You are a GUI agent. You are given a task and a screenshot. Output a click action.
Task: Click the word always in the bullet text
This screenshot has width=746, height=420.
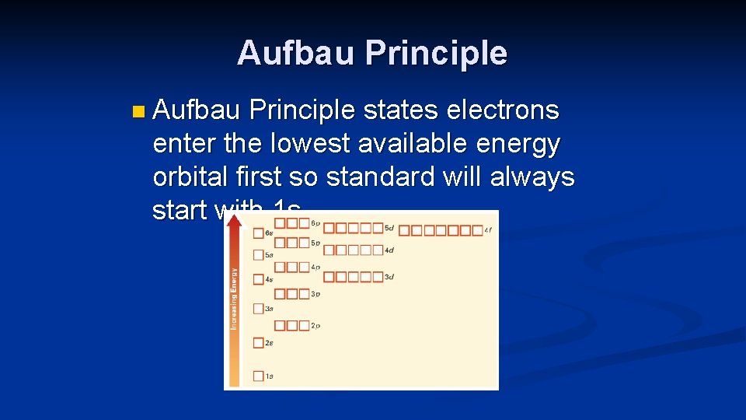[x=532, y=177]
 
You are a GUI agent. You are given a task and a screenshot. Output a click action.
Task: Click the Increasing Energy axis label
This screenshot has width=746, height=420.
[x=234, y=298]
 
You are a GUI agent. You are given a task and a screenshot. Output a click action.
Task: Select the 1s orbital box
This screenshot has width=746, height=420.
[x=259, y=376]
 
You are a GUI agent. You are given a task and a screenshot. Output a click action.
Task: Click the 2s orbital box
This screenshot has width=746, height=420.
[x=259, y=342]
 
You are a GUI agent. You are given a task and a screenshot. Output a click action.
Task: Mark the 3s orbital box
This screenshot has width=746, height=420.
[x=259, y=309]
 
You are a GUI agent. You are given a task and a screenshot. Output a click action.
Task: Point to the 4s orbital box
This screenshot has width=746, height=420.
[x=259, y=278]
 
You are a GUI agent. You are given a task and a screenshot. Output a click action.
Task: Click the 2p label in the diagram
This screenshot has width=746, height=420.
[x=315, y=326]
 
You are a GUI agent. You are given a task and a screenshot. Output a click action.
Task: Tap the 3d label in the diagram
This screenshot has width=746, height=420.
[x=389, y=277]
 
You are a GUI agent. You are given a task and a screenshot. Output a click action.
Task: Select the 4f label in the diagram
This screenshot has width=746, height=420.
[x=488, y=230]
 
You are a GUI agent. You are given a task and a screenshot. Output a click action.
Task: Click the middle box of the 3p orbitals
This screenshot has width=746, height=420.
[x=292, y=294]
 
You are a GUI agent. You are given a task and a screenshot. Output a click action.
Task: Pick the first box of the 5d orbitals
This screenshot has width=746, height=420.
[x=329, y=229]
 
